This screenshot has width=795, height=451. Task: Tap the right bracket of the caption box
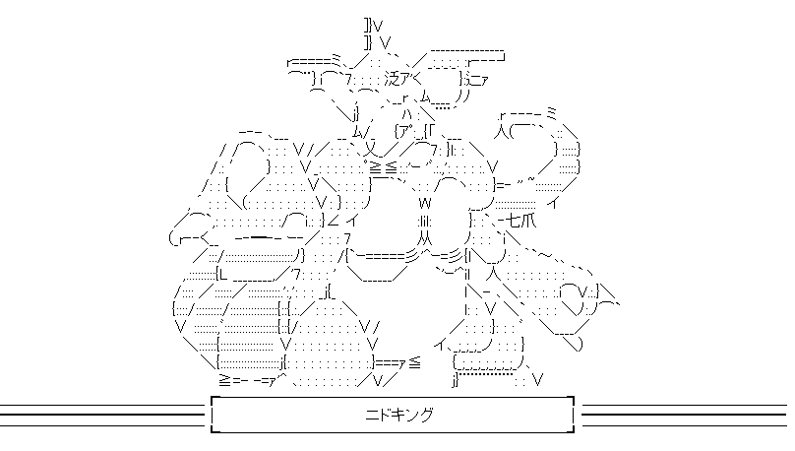click(x=570, y=415)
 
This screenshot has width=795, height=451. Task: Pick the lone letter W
click(x=426, y=201)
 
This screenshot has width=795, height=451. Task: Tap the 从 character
click(x=425, y=236)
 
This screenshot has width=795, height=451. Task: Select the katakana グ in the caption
click(x=425, y=416)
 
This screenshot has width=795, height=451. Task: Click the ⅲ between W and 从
click(x=426, y=221)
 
